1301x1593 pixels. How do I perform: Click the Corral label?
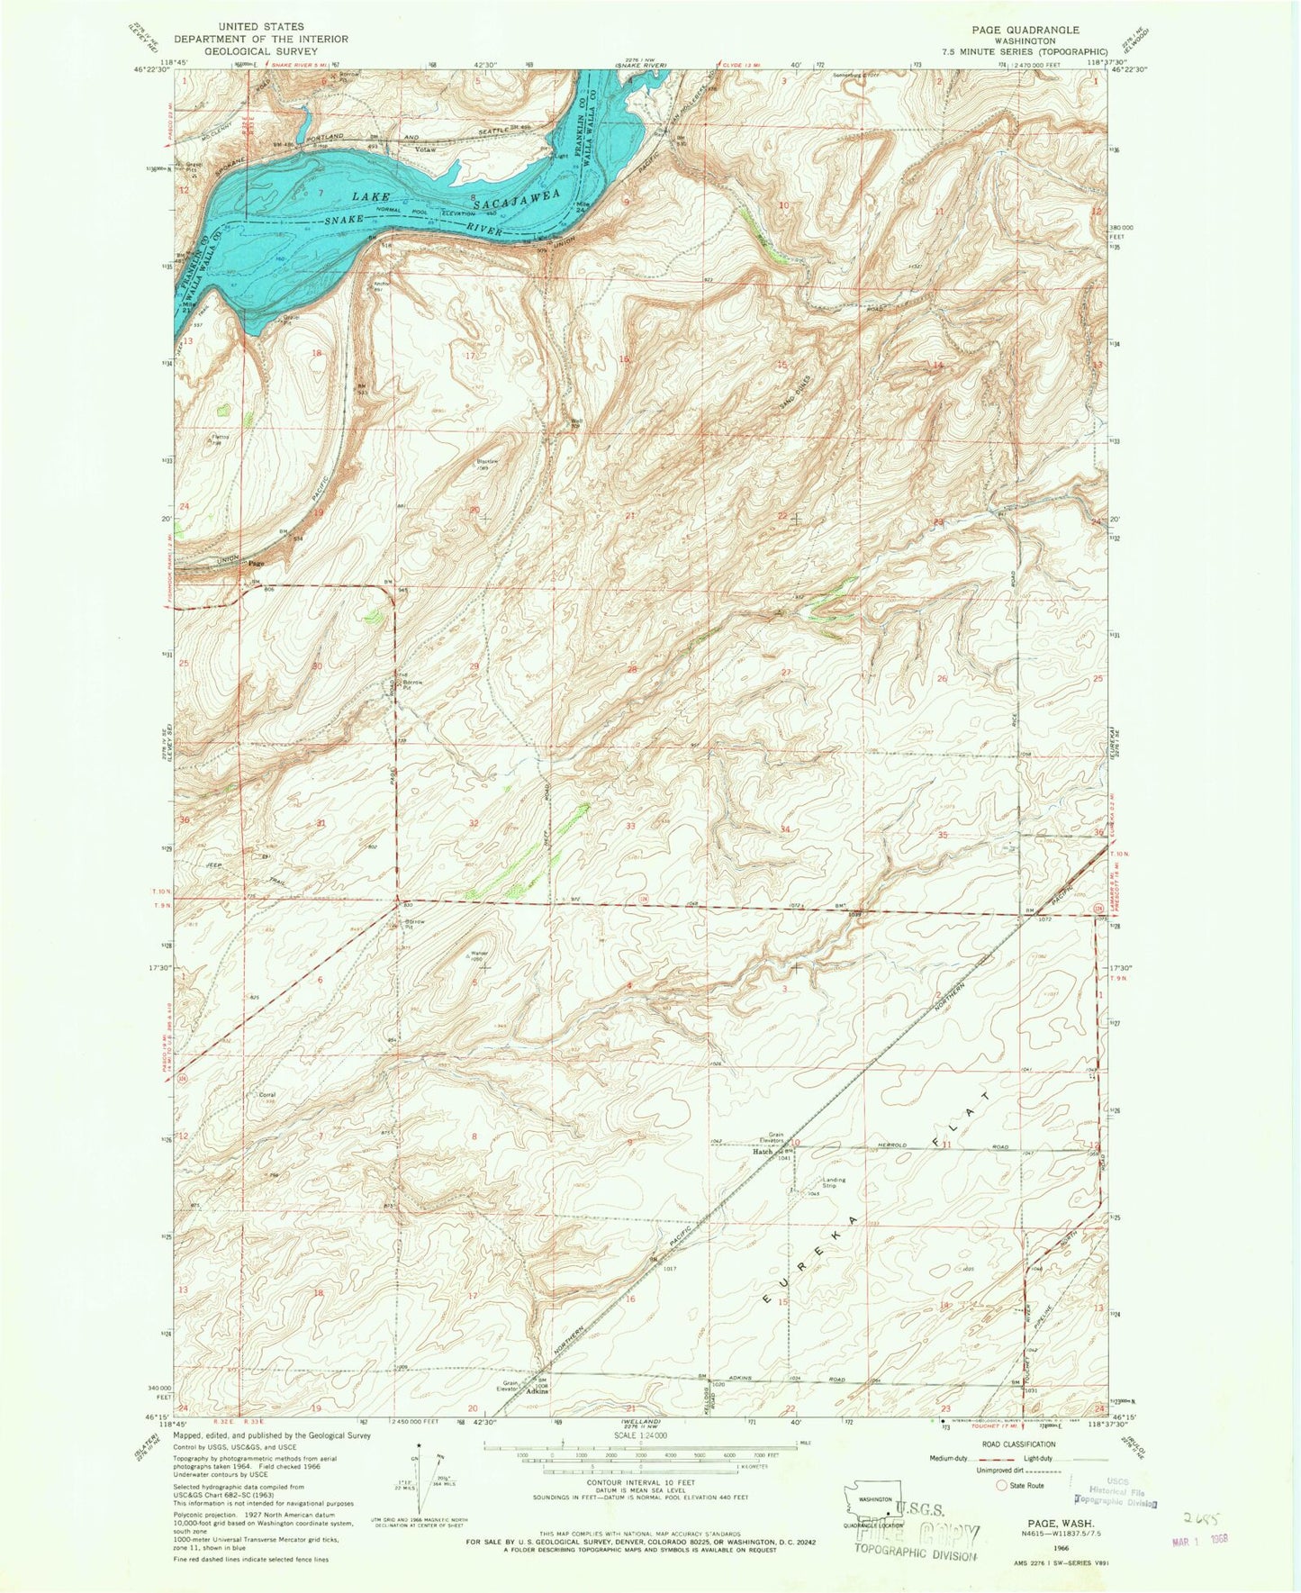[x=267, y=1095]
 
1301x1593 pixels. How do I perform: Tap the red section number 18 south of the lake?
[x=316, y=353]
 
